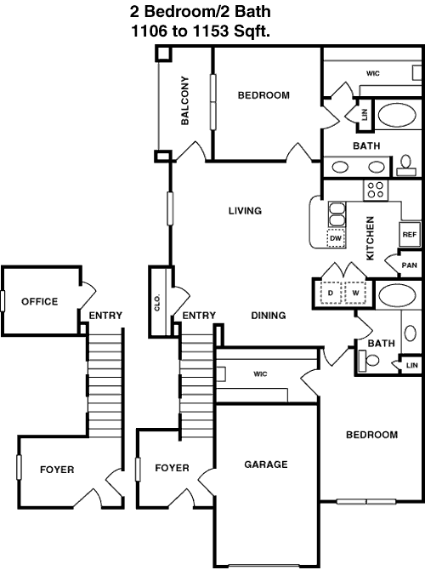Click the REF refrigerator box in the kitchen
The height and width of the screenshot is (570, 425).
pos(410,235)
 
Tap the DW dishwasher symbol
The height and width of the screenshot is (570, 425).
pos(336,238)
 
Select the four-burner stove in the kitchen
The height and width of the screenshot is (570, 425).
pos(376,190)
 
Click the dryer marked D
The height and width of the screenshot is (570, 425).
pos(331,293)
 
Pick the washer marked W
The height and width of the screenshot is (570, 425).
pos(355,293)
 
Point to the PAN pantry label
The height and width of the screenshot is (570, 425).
pos(410,265)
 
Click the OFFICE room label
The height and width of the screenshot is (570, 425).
pos(40,301)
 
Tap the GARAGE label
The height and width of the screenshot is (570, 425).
pos(266,465)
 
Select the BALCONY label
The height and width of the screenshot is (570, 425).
pos(185,100)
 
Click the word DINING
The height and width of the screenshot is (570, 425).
pos(269,315)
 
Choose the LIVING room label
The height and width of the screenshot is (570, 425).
pos(245,211)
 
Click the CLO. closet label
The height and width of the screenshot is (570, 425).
pos(157,303)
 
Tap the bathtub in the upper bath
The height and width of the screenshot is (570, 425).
pos(397,115)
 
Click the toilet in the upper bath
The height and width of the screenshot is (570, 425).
pos(405,167)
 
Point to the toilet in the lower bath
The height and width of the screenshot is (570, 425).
pos(368,361)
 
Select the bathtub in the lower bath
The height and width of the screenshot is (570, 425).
pos(397,294)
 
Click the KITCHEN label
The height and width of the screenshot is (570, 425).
pos(370,238)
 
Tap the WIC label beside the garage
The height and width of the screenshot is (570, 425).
pos(260,373)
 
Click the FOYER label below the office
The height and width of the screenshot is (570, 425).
pos(57,470)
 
